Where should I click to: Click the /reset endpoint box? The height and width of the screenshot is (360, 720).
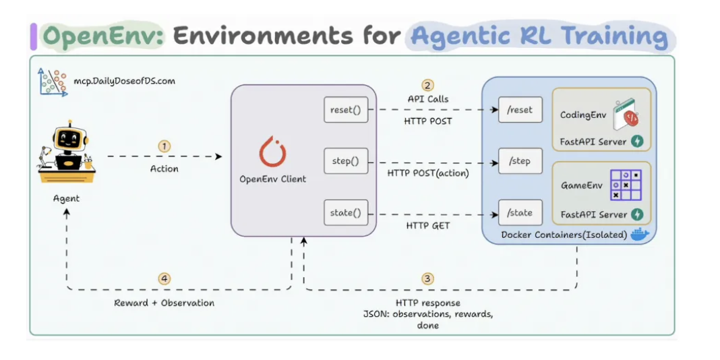520,110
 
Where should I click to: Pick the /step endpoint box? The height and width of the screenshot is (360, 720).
520,162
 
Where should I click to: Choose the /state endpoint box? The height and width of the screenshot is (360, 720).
520,213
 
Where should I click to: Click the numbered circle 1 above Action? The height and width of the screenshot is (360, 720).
164,146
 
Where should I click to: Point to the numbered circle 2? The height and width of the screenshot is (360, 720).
427,85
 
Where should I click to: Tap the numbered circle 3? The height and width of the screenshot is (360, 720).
427,278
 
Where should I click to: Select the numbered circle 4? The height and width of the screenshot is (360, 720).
164,278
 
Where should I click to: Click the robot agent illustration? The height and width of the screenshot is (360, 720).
65,154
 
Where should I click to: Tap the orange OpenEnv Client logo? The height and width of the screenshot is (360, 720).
273,152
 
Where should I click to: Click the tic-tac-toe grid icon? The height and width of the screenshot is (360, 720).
625,185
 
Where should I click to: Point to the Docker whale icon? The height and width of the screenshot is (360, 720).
639,234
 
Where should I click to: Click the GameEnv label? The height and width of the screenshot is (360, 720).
582,185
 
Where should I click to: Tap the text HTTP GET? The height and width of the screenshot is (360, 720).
427,225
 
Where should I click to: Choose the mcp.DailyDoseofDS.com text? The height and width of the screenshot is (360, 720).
124,81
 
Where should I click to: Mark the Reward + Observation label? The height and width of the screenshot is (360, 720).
164,303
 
